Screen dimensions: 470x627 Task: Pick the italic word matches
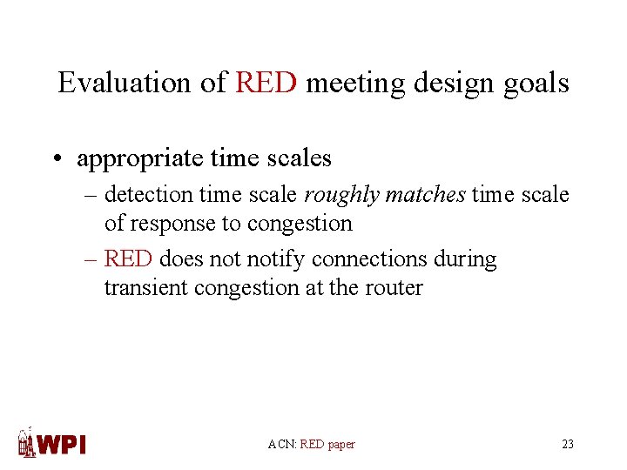point(425,196)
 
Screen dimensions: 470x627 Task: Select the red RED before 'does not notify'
point(128,259)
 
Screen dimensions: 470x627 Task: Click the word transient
point(140,287)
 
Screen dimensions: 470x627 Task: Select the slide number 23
point(568,445)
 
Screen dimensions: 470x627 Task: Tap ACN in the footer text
point(281,445)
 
